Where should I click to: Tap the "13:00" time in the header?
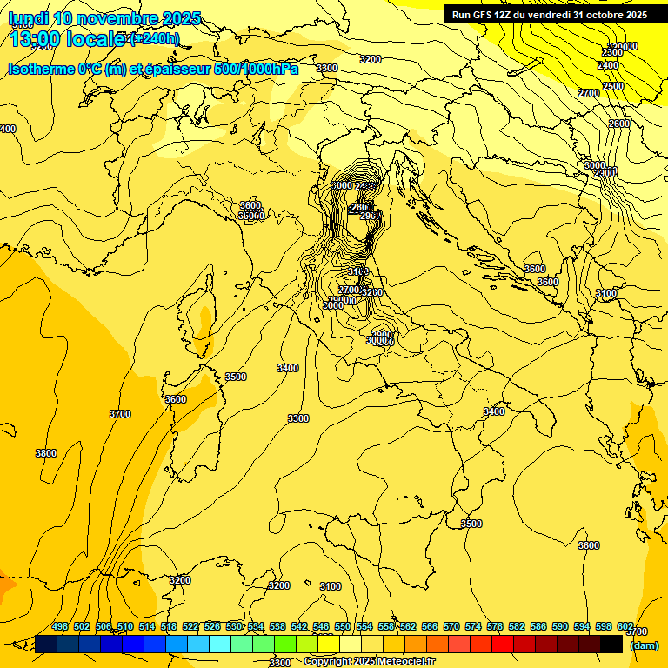(x=34, y=39)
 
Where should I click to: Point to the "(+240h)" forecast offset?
(x=154, y=39)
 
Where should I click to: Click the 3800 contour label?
(x=46, y=453)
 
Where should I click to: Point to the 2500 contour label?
(x=613, y=86)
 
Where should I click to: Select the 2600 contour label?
(x=618, y=124)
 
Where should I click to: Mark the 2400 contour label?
(x=609, y=65)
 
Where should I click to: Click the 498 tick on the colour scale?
(x=60, y=626)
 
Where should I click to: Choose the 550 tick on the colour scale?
(x=343, y=626)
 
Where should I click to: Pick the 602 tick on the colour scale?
(x=625, y=626)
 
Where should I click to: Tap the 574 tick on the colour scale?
(x=473, y=626)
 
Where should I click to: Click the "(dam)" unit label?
(x=644, y=645)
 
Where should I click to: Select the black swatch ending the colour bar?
(x=611, y=644)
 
